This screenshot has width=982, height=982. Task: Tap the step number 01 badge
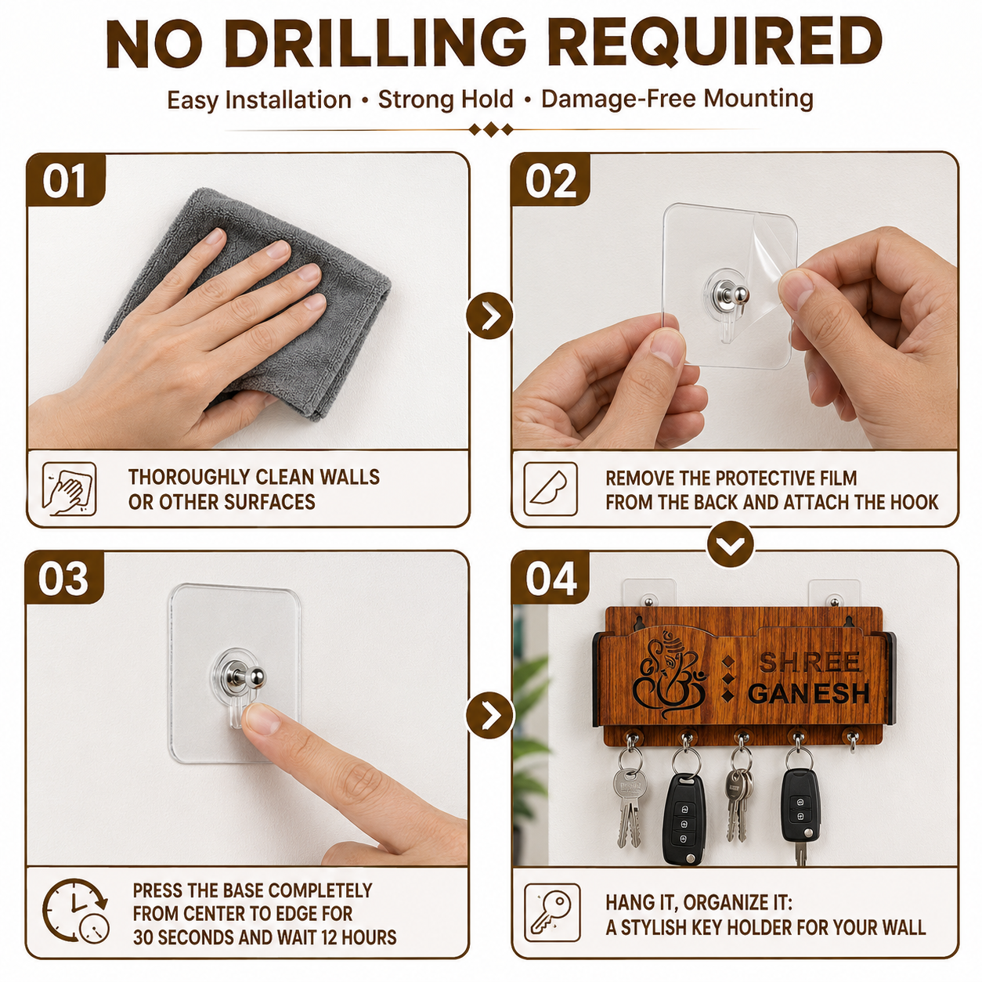click(x=65, y=180)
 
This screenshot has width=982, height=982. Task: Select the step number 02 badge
click(x=551, y=180)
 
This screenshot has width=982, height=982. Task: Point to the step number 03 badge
click(x=64, y=579)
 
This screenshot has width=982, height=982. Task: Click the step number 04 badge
click(x=551, y=579)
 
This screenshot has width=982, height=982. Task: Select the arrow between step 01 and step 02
click(x=489, y=316)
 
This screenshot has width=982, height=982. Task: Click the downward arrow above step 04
click(x=731, y=544)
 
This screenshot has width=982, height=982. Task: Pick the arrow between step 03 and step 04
click(x=489, y=716)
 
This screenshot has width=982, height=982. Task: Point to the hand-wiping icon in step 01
click(x=70, y=489)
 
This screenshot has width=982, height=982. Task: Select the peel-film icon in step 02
click(x=551, y=489)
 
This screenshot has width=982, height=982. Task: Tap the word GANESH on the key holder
click(x=809, y=693)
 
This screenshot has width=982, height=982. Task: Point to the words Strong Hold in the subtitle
click(x=445, y=99)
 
